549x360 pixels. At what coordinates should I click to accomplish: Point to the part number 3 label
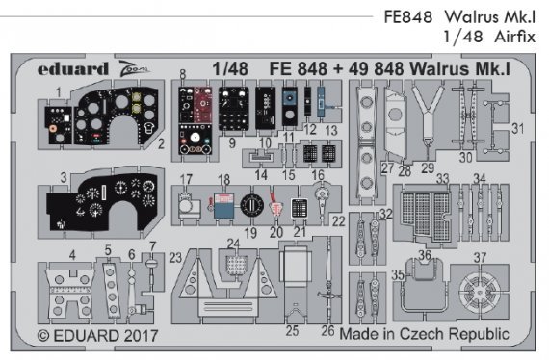(x=62, y=178)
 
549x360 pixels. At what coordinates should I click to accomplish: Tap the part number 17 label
(x=186, y=179)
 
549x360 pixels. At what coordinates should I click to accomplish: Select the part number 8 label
(x=182, y=74)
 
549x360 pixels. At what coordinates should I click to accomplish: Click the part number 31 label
(x=517, y=129)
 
